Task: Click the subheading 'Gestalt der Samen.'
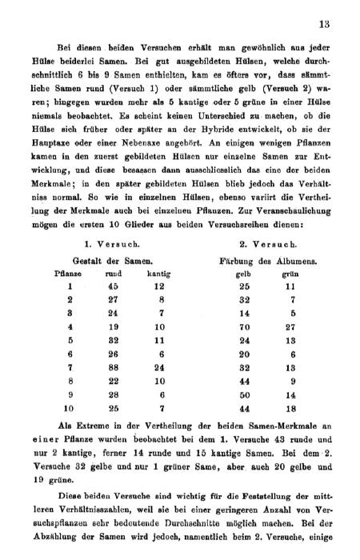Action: [113, 261]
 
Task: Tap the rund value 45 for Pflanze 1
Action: [113, 286]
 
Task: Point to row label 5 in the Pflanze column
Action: [70, 340]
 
